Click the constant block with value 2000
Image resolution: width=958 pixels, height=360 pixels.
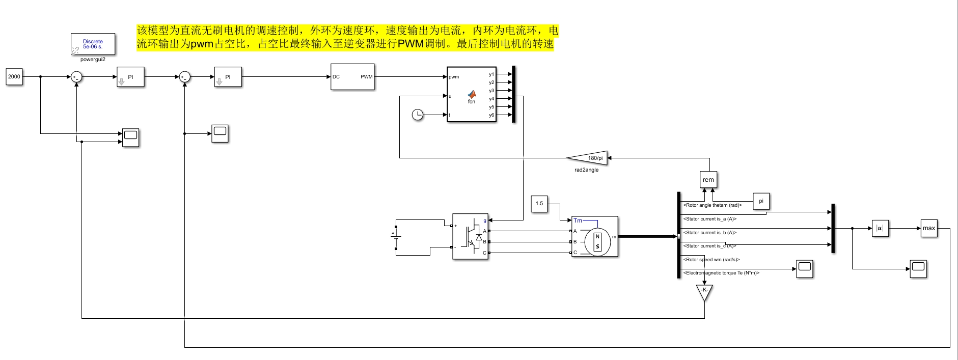tap(14, 77)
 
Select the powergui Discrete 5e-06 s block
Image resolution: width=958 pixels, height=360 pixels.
tap(93, 44)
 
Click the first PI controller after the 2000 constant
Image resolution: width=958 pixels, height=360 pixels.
tap(130, 77)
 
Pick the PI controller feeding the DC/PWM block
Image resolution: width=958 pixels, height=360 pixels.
tap(228, 77)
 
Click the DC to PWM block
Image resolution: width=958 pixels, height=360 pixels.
tap(352, 77)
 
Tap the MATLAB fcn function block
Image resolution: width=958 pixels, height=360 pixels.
tap(472, 95)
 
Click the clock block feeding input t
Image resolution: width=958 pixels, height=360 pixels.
tap(418, 115)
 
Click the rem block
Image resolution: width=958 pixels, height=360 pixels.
tap(708, 180)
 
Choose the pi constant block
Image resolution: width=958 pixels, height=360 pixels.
tap(761, 201)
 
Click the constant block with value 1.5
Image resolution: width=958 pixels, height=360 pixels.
tap(539, 204)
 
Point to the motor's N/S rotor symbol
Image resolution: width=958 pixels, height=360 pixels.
tap(597, 242)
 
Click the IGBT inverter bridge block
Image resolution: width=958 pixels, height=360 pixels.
tap(470, 236)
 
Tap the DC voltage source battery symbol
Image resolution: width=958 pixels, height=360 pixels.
tap(396, 235)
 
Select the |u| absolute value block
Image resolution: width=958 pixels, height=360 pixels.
tap(880, 228)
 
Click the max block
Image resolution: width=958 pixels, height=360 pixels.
tap(929, 228)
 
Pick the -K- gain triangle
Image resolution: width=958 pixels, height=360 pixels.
tap(704, 291)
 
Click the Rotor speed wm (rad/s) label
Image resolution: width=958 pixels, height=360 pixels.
tap(711, 260)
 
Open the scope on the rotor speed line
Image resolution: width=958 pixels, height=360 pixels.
tap(805, 268)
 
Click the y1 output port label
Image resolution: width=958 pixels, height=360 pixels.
tap(491, 74)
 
